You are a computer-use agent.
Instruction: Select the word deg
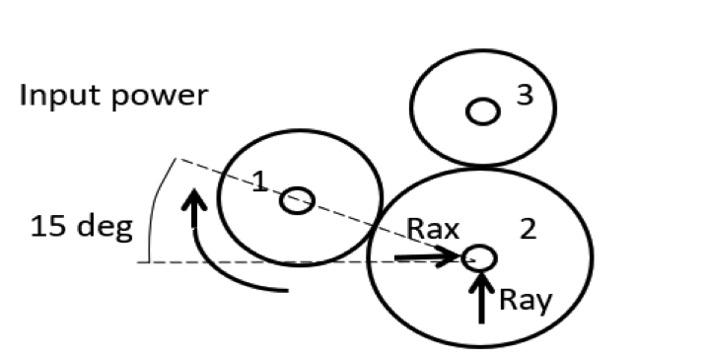103,229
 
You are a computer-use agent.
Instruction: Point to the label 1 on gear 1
257,180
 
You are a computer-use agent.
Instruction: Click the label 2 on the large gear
528,230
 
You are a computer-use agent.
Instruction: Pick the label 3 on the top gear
525,96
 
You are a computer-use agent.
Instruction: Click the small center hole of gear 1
296,201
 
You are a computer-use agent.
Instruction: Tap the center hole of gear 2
480,258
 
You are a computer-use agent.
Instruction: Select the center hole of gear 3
482,111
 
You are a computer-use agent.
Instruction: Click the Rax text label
435,230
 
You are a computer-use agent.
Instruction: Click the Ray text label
524,300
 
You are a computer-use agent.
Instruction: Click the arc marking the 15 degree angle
156,212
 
